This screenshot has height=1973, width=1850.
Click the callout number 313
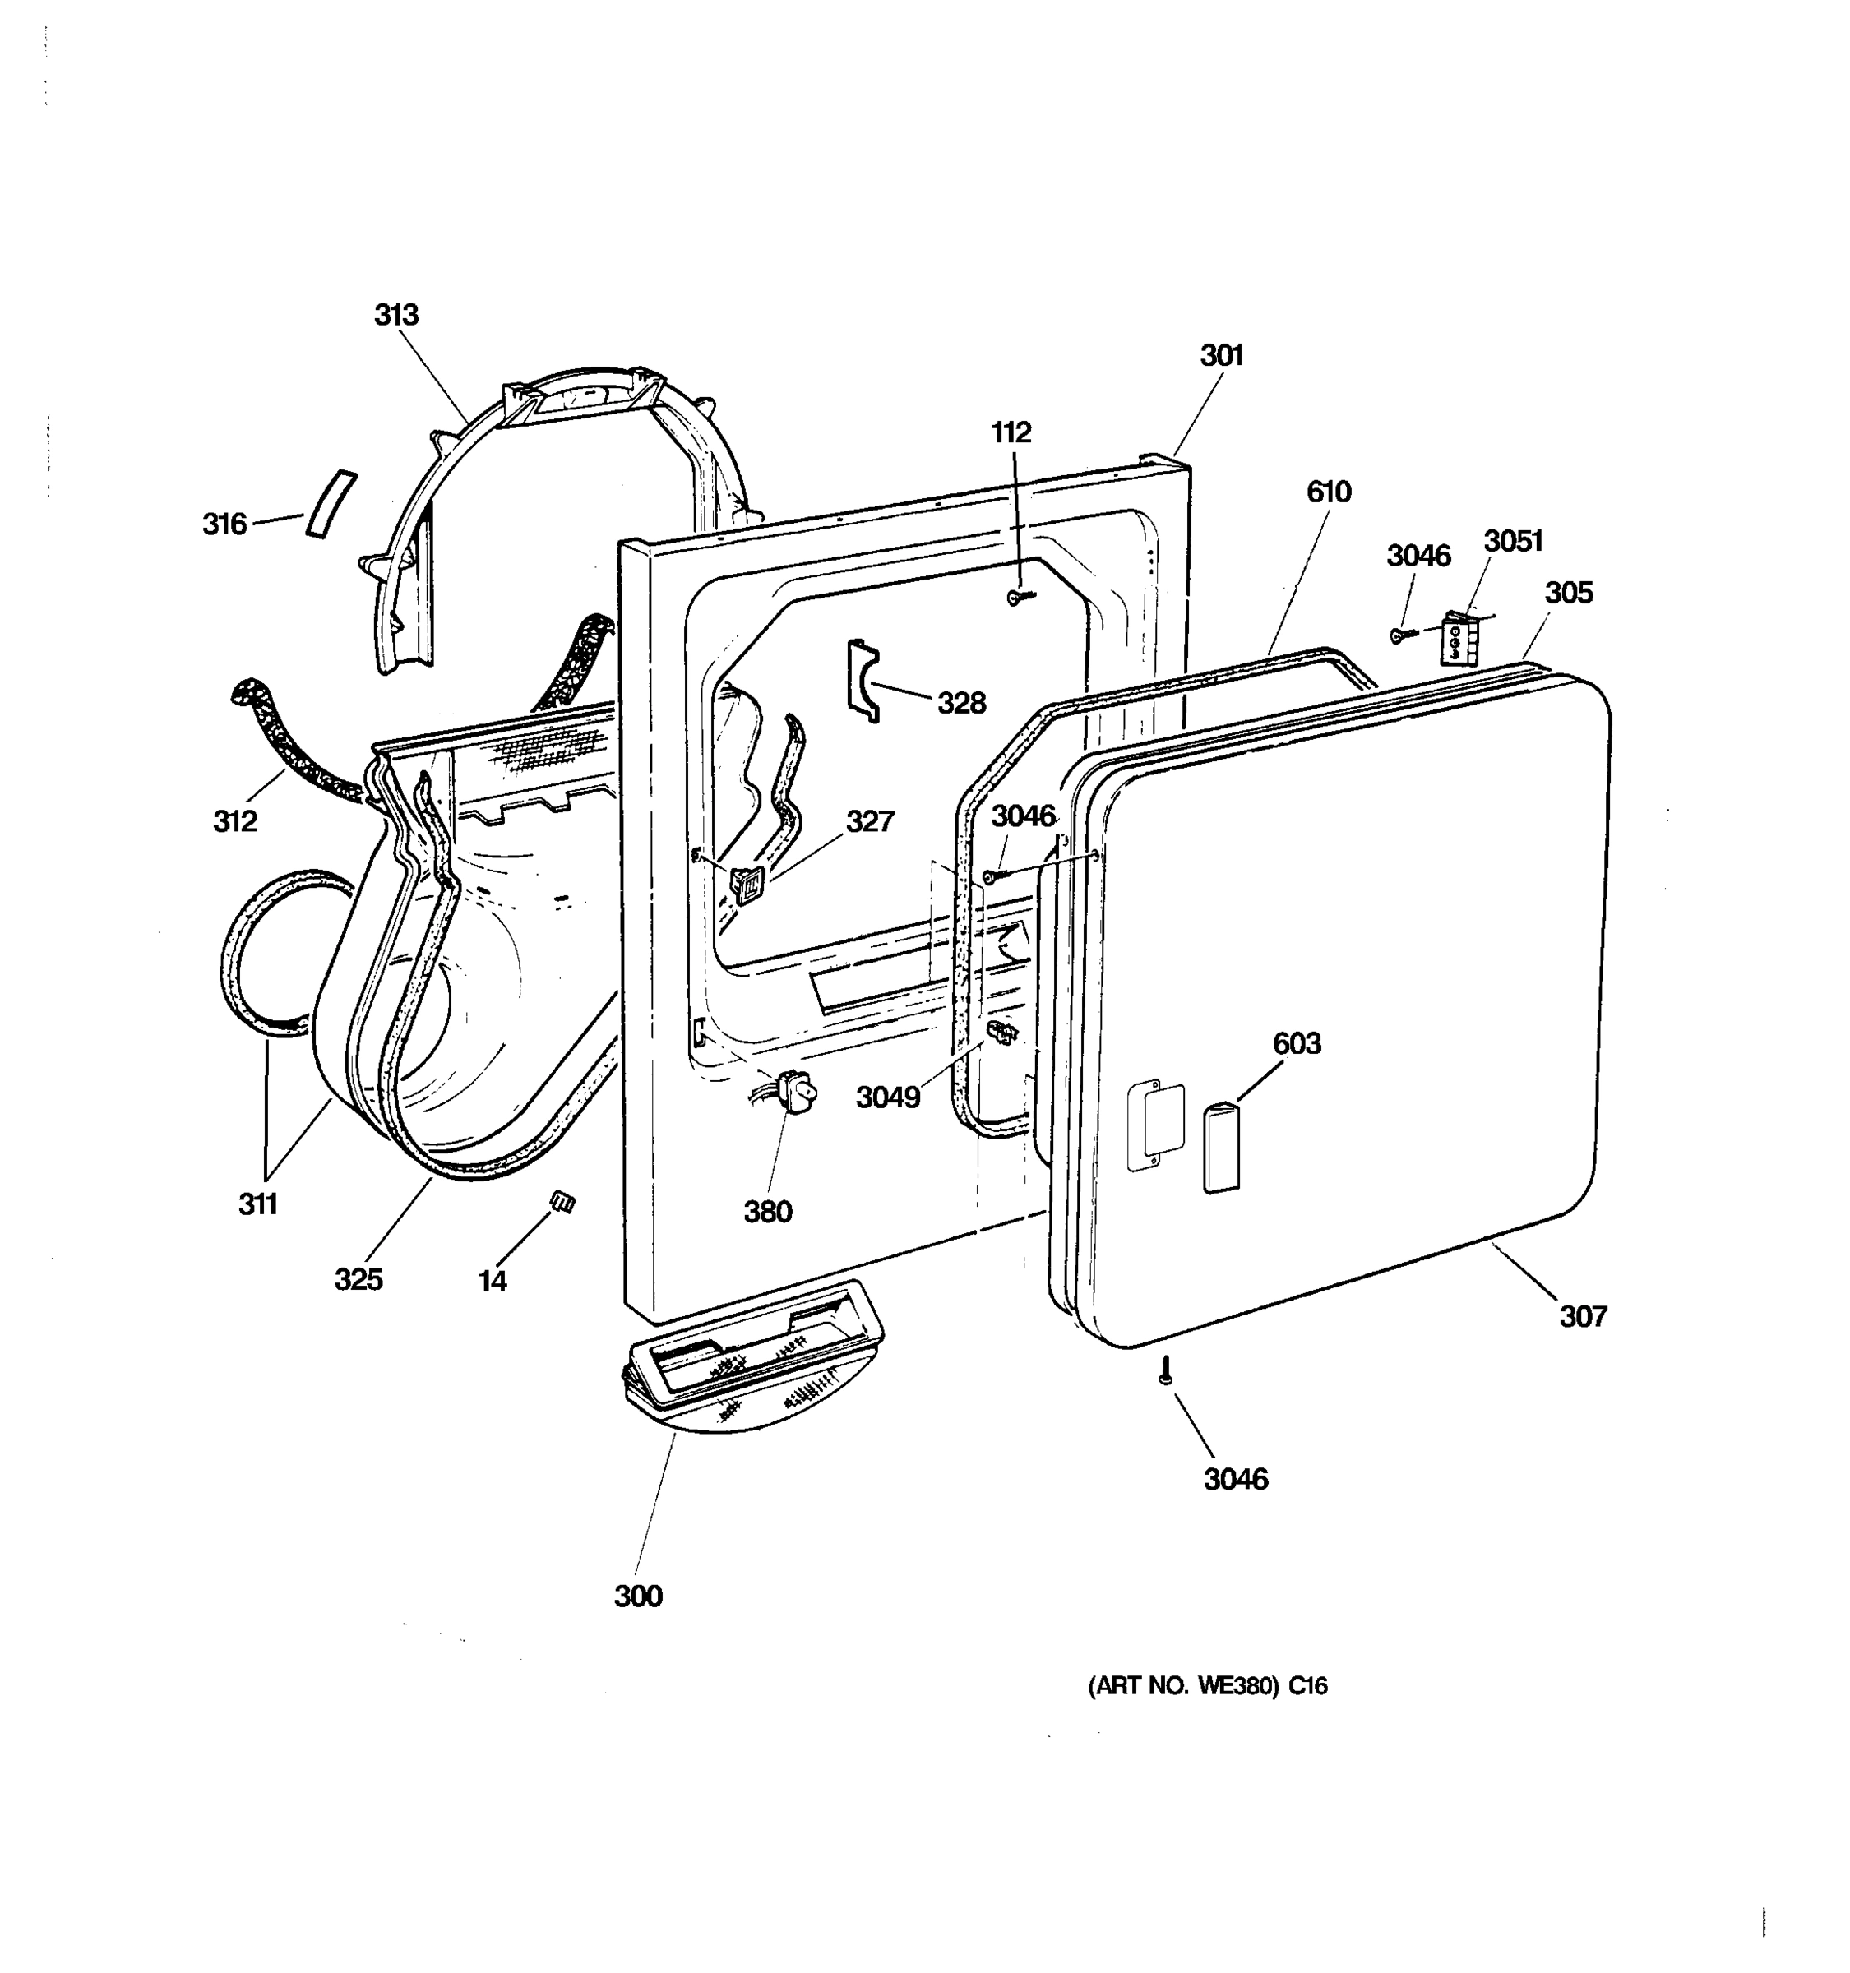click(396, 315)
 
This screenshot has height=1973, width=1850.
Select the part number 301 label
click(1222, 355)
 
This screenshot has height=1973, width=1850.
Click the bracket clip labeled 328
click(863, 680)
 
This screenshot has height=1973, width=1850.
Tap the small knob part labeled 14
click(562, 1202)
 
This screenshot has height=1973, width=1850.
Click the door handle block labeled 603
click(1221, 1146)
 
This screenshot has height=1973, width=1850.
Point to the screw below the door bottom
click(1166, 1373)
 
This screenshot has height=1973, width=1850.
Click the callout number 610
click(1328, 492)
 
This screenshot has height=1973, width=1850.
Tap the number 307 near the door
click(1582, 1316)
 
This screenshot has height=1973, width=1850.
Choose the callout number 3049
click(888, 1097)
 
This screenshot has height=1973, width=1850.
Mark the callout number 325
click(358, 1279)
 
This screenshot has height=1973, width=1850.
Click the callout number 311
click(258, 1204)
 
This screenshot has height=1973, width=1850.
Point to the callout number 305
click(1568, 593)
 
